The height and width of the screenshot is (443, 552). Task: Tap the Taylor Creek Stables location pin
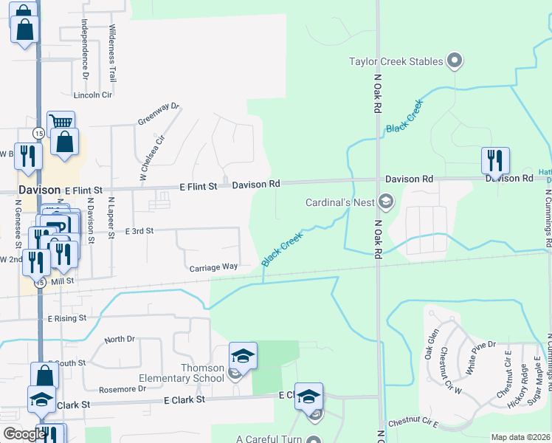point(455,61)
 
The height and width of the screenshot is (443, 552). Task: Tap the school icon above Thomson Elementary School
point(243,356)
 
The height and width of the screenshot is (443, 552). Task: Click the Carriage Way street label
point(213,267)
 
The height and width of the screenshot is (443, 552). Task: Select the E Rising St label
point(67,318)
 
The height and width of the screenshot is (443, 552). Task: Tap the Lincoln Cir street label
point(92,95)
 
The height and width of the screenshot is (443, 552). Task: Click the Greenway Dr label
point(159,114)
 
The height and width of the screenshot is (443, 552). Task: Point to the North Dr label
point(120,339)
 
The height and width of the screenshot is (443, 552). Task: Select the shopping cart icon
point(61,123)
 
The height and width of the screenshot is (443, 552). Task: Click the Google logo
point(24,435)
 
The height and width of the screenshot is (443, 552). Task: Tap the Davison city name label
point(39,190)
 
